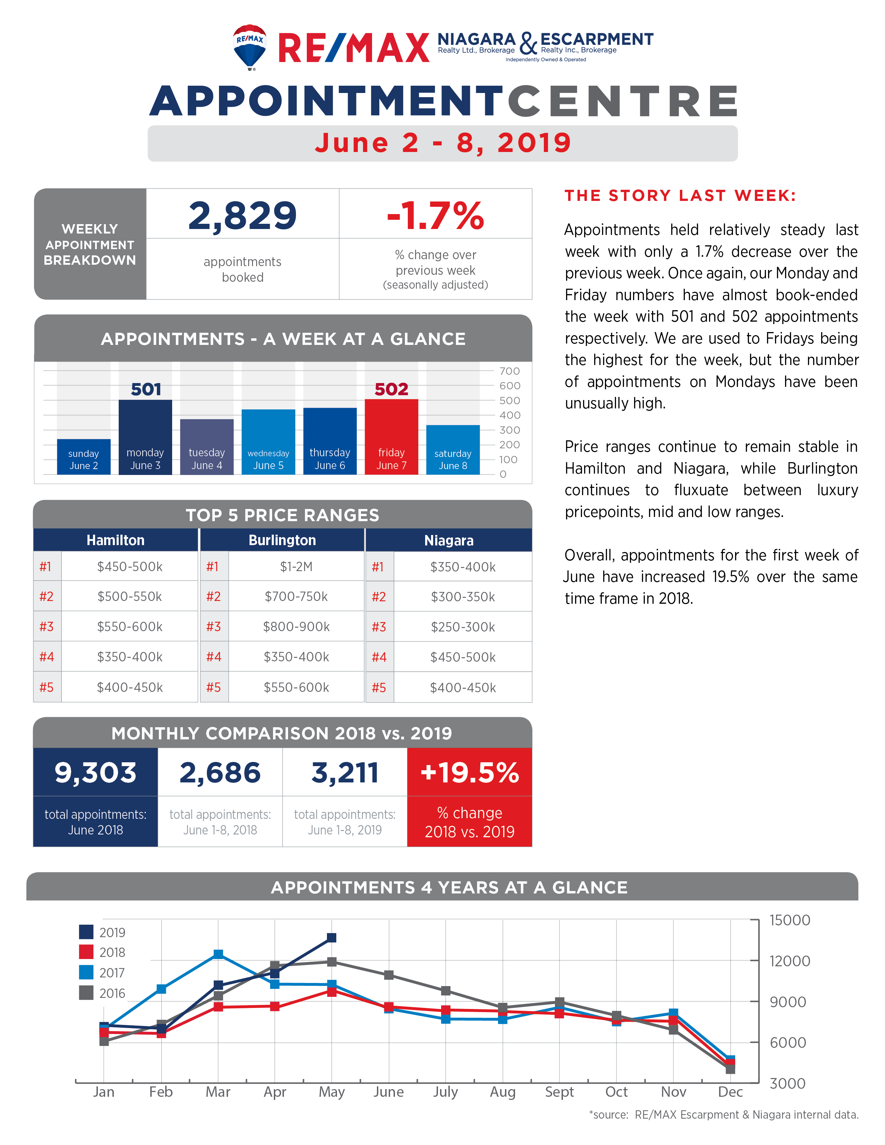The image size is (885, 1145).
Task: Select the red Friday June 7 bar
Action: (391, 437)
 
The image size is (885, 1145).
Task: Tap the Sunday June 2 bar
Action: (84, 457)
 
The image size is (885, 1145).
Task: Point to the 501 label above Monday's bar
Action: (146, 389)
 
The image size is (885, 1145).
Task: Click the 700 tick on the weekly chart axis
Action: (509, 371)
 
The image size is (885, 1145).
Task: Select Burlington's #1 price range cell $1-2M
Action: (296, 567)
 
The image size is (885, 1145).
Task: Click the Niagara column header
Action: (449, 540)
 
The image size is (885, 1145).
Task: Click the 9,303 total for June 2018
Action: (95, 773)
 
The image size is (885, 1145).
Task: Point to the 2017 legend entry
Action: (102, 973)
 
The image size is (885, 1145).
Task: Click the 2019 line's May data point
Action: (331, 938)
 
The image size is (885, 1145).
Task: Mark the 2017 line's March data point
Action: (218, 954)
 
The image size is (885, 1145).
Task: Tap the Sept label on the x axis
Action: (559, 1092)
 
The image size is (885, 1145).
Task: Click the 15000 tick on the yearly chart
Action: (790, 920)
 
